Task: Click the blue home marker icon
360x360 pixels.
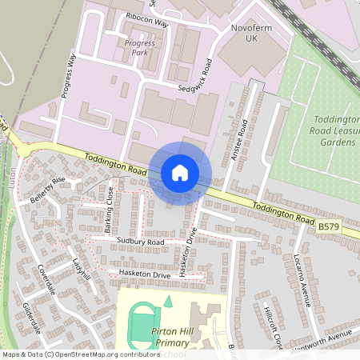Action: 180,173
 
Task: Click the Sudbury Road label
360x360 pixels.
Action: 139,241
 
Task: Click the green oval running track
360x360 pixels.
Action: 142,324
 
